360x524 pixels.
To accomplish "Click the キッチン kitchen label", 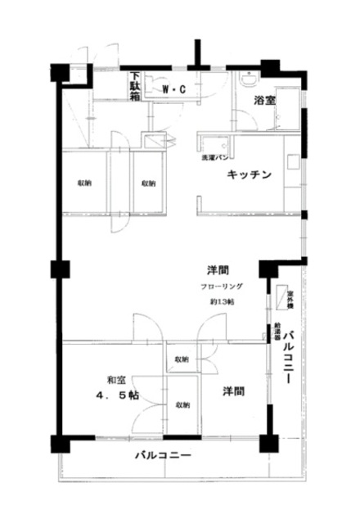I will pyautogui.click(x=249, y=174).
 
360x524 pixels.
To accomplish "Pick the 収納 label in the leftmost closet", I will pyautogui.click(x=84, y=182).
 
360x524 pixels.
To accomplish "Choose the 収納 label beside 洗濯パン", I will pyautogui.click(x=148, y=182).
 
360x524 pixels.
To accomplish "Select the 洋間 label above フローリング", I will pyautogui.click(x=217, y=270).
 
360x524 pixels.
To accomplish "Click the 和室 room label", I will pyautogui.click(x=115, y=379).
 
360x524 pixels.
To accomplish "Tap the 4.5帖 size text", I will pyautogui.click(x=115, y=395).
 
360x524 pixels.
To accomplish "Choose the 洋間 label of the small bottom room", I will pyautogui.click(x=232, y=391).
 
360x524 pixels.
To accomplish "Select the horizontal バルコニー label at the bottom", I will pyautogui.click(x=163, y=455).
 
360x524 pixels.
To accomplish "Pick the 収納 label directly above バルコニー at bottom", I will pyautogui.click(x=181, y=405).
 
